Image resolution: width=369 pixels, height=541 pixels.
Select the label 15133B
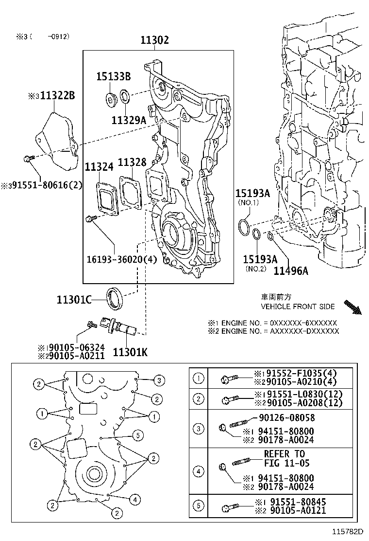point(113,76)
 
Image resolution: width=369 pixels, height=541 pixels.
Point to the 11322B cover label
point(57,95)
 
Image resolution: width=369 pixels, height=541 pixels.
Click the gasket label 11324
point(99,167)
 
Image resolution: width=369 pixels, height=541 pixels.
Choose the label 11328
point(132,162)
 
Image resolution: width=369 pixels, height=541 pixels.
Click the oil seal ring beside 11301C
point(115,298)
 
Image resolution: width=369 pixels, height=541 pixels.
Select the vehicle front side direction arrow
point(352,308)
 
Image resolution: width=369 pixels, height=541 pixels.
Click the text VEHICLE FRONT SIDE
point(298,307)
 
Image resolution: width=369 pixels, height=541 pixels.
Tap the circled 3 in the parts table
point(198,428)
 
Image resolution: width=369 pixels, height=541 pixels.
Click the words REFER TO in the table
point(285,454)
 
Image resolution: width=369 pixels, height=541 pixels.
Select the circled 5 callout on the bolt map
point(137,435)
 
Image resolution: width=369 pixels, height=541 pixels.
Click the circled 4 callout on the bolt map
point(135,499)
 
